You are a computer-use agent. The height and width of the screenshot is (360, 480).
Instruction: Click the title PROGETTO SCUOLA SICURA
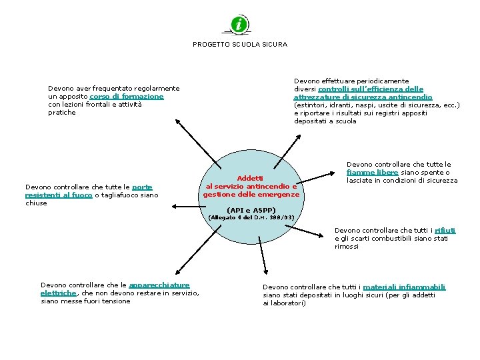[240, 45]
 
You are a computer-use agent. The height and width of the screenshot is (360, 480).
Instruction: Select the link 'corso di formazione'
[127, 97]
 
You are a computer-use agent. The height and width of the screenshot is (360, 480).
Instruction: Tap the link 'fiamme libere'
[373, 173]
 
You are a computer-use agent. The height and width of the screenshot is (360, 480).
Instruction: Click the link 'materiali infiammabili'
[404, 287]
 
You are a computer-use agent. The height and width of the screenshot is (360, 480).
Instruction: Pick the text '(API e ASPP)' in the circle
[251, 210]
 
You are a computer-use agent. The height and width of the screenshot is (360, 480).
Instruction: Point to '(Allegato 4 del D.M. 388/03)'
[251, 218]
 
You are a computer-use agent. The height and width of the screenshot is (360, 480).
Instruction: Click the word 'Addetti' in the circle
[251, 179]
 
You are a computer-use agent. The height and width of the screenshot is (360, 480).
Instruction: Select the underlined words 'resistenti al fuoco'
[59, 195]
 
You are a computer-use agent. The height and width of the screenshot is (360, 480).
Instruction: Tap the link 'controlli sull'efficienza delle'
[371, 89]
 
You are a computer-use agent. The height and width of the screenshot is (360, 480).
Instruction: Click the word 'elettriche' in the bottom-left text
[59, 293]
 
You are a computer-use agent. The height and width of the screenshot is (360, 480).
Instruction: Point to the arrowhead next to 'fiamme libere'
[335, 173]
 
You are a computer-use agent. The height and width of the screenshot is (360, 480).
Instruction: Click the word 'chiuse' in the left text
[36, 203]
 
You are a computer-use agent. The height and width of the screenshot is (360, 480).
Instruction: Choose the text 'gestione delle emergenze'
[251, 195]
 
